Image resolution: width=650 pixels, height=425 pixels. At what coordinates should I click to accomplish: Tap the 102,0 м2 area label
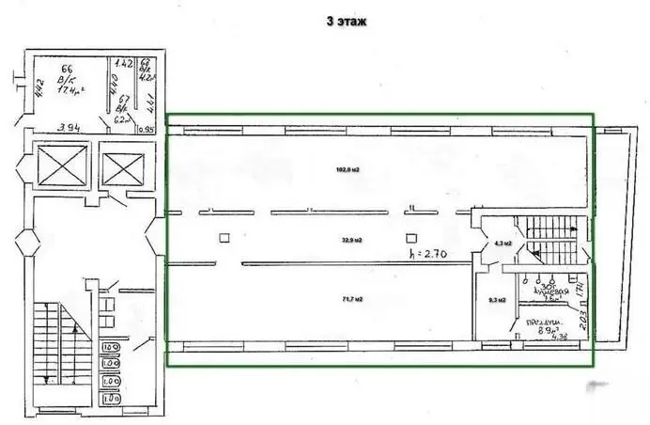point(349,170)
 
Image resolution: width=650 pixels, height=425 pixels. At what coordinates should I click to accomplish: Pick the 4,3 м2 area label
point(503,244)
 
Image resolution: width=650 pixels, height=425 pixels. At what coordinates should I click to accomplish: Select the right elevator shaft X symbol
point(123,168)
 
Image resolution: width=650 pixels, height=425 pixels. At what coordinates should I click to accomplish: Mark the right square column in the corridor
point(410,237)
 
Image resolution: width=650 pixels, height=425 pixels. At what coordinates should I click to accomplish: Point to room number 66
point(67,69)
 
